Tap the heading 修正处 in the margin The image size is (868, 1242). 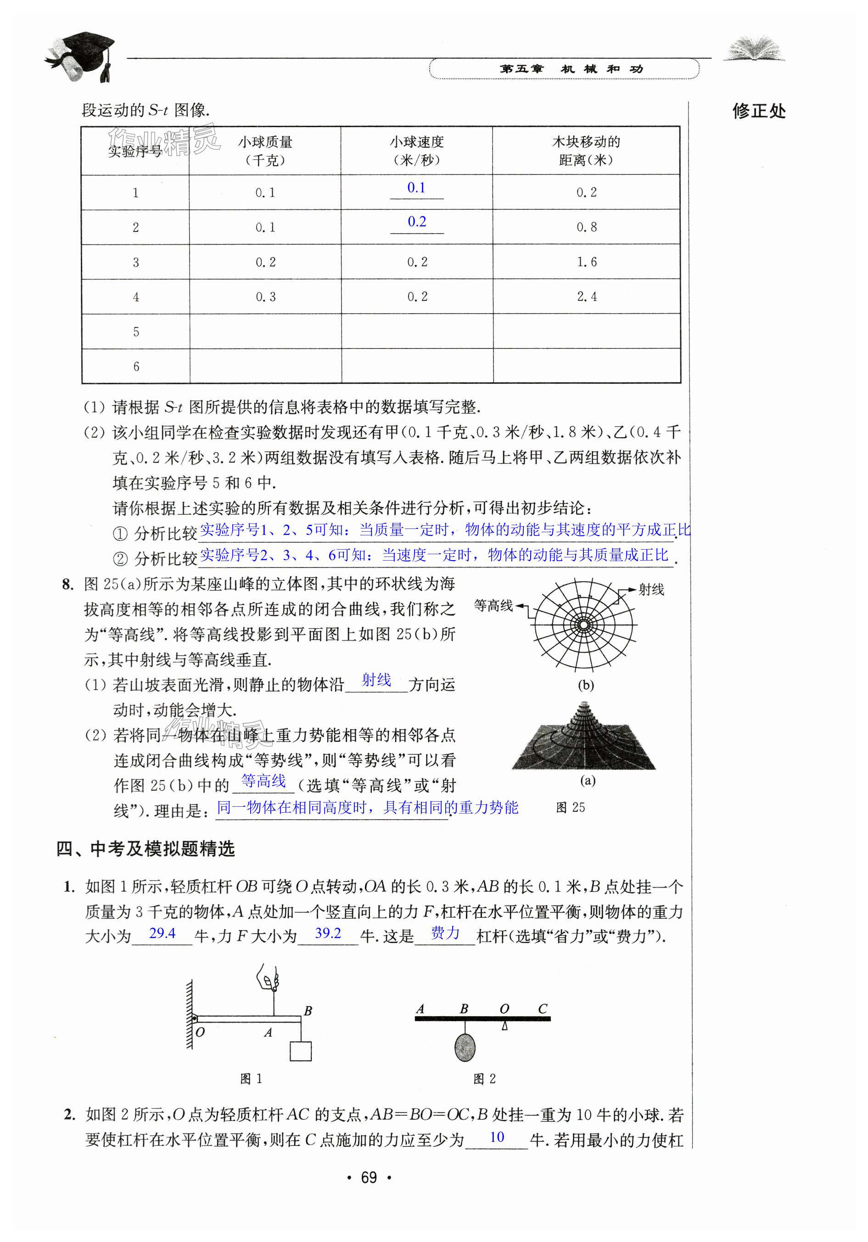(x=758, y=112)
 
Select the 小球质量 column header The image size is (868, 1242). (x=265, y=151)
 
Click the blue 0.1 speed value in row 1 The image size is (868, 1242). (x=416, y=188)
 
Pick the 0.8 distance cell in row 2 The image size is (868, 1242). (x=586, y=227)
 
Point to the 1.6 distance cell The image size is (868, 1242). (x=586, y=262)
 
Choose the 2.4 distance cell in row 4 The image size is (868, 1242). (x=586, y=297)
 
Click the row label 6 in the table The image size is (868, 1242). (x=136, y=366)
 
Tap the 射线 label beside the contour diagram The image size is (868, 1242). (x=651, y=590)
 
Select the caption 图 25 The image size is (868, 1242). (x=570, y=808)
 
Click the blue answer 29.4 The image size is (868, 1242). (x=162, y=933)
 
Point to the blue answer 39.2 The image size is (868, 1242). (x=328, y=933)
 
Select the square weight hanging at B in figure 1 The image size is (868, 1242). (x=300, y=1051)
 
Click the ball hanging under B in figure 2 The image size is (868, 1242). (x=465, y=1047)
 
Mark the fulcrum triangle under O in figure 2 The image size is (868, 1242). (x=504, y=1026)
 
